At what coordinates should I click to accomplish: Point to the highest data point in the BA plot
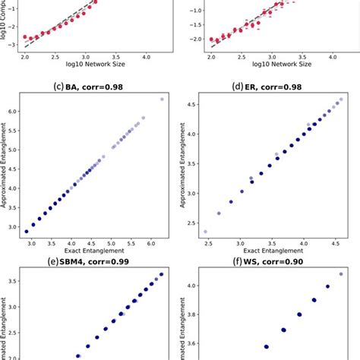coord(161,99)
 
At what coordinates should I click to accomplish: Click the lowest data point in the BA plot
coord(27,231)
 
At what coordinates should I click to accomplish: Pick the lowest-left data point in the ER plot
coord(205,232)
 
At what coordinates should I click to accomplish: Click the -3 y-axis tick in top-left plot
coord(15,46)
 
